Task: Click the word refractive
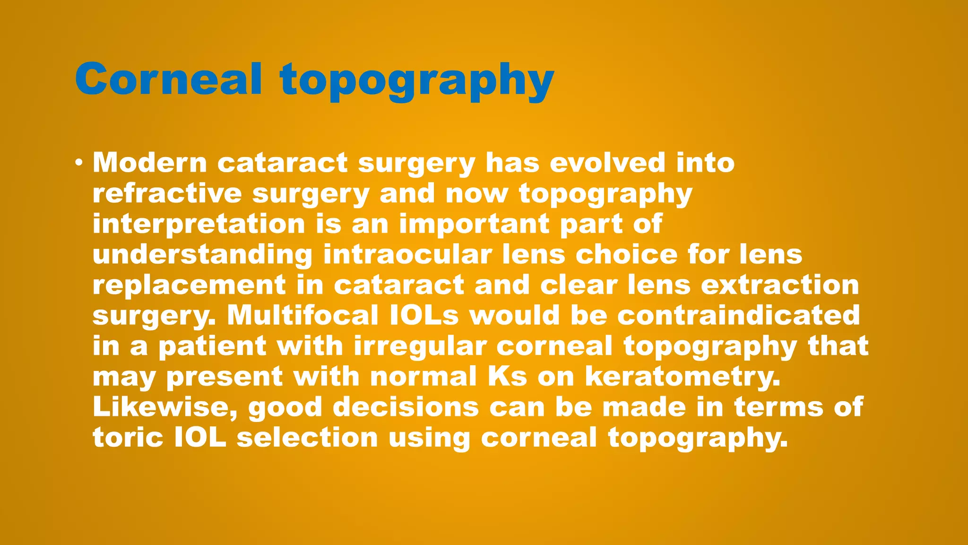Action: tap(167, 193)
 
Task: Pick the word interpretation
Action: tap(199, 224)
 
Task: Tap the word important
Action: tap(474, 224)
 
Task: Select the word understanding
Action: tap(202, 255)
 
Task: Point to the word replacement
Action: tap(189, 285)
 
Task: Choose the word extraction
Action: tap(780, 285)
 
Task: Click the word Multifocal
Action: tap(302, 316)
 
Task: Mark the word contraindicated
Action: tap(738, 316)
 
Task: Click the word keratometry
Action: tap(683, 377)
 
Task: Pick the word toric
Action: tap(128, 438)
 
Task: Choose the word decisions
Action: tap(406, 407)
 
